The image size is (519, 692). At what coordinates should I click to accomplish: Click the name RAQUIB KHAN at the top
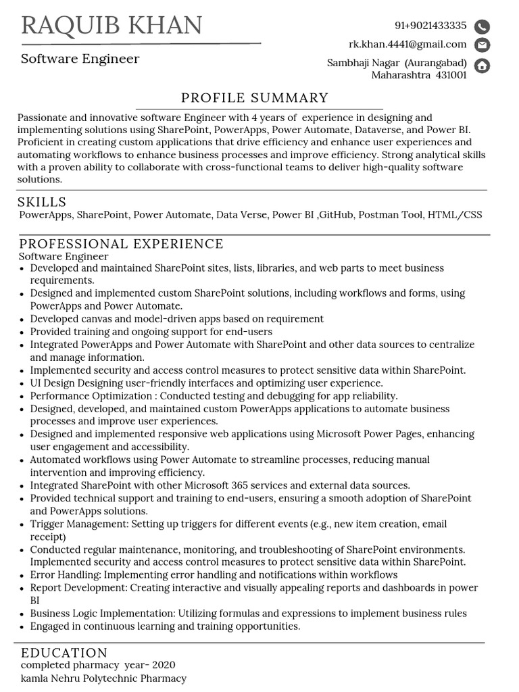click(x=112, y=26)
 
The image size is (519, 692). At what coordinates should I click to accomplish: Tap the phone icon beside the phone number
click(x=482, y=27)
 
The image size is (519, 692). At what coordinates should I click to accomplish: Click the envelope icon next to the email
click(x=482, y=45)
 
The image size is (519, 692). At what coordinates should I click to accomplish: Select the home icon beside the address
click(x=482, y=66)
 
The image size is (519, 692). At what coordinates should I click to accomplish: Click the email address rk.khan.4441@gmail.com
click(x=407, y=45)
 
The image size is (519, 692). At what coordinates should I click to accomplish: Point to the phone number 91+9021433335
click(x=430, y=26)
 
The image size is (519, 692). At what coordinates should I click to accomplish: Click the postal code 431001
click(x=451, y=75)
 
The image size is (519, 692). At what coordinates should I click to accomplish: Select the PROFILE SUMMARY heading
click(x=255, y=98)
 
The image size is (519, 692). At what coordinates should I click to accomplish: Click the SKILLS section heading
click(x=42, y=202)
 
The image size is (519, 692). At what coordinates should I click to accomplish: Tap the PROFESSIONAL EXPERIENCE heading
click(x=121, y=244)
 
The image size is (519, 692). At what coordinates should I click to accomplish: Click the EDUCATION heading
click(x=64, y=653)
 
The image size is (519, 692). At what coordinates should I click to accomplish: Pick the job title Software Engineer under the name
click(x=80, y=59)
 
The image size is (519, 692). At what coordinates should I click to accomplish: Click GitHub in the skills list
click(x=336, y=215)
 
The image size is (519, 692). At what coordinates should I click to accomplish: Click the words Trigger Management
click(x=79, y=524)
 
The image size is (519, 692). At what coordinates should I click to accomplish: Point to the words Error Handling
click(x=65, y=574)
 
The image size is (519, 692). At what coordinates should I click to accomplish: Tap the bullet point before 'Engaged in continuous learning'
click(x=23, y=627)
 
